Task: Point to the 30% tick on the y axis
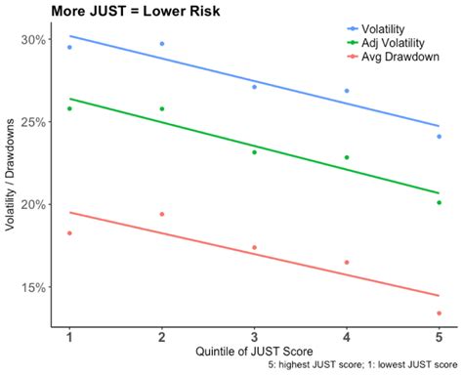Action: pos(33,40)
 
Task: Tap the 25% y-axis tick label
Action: pos(33,122)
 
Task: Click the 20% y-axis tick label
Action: pos(33,204)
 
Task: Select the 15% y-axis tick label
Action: pos(33,287)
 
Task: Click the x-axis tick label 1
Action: pos(69,338)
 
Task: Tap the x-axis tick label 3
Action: pos(254,338)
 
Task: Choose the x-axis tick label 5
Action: pos(439,338)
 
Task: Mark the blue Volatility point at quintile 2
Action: pos(162,44)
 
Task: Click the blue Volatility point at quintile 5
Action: pos(439,137)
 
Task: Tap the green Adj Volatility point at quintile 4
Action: pos(347,157)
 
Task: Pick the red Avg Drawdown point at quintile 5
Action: pos(439,313)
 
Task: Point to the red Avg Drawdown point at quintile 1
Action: pos(69,233)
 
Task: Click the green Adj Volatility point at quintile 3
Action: pos(254,152)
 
